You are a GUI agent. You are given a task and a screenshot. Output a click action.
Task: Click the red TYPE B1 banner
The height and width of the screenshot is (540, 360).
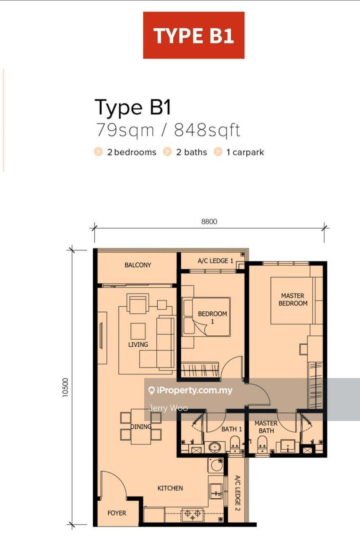194,35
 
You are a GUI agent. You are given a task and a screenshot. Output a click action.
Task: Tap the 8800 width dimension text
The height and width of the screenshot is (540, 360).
209,221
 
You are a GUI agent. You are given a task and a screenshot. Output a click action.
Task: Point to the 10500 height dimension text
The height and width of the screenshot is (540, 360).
65,387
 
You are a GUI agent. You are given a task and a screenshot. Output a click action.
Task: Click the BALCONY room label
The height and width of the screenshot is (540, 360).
138,265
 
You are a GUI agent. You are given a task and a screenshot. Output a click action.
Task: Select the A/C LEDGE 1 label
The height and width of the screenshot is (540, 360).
215,261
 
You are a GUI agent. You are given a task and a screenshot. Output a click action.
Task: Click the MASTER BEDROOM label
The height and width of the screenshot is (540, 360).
293,300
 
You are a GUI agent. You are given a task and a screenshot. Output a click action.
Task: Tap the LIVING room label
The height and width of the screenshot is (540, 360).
138,345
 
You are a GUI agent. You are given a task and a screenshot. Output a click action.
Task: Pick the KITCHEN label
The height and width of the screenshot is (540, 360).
170,488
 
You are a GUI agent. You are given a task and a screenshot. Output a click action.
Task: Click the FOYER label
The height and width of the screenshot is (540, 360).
117,513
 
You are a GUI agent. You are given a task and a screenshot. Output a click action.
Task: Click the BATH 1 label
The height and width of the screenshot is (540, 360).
231,429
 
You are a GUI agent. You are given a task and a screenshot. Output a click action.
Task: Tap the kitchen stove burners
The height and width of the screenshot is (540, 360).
193,514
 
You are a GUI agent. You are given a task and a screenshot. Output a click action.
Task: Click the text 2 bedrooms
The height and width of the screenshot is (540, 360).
132,152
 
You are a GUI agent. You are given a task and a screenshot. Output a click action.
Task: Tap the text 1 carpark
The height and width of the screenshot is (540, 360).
245,152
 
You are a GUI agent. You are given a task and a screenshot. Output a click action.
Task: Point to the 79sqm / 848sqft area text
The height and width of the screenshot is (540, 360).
168,130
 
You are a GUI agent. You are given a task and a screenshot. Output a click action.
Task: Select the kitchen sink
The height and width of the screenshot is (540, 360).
216,491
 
